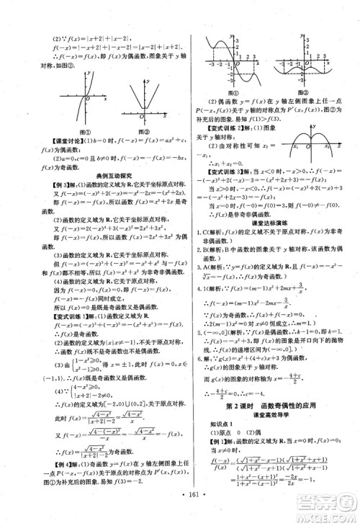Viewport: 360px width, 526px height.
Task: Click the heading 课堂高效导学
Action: point(271,419)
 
